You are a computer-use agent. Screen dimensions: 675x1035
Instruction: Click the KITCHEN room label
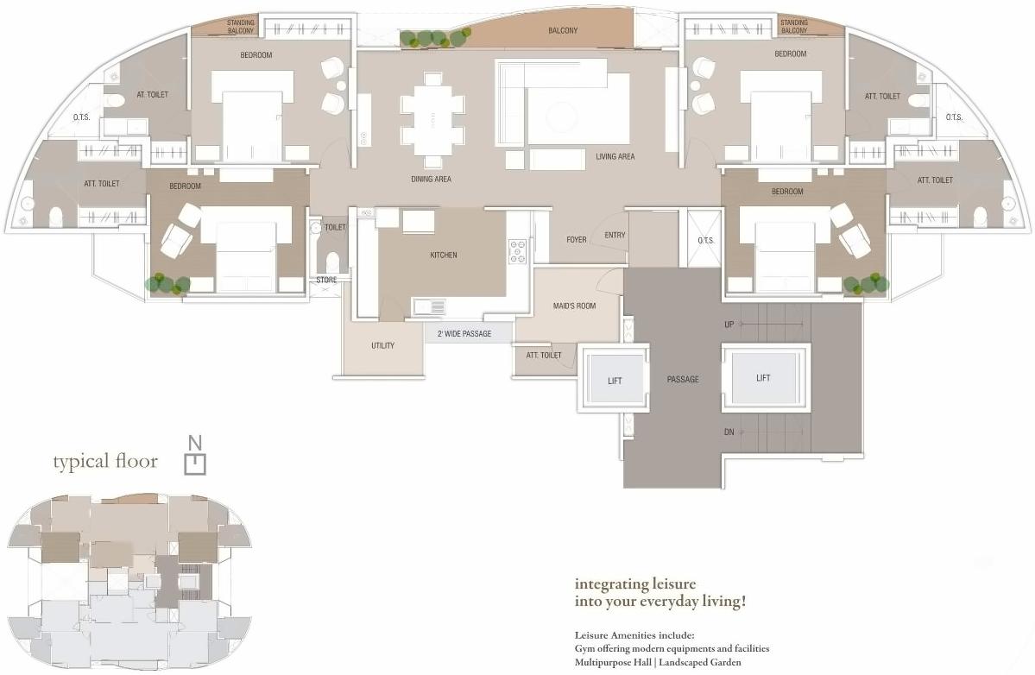[x=443, y=255]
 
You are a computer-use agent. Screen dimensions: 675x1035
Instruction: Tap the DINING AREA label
[x=431, y=180]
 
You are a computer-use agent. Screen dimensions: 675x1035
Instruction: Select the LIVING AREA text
[x=615, y=157]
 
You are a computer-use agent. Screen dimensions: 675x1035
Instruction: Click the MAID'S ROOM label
[x=574, y=306]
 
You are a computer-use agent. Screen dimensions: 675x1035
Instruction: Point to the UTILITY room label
[x=382, y=345]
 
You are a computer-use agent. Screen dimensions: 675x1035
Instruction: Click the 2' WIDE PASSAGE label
[x=464, y=333]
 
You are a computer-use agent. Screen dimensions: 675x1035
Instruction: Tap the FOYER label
[x=577, y=239]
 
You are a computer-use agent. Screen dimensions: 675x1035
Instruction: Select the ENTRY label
[x=615, y=236]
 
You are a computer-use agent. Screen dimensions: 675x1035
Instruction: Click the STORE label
[x=326, y=280]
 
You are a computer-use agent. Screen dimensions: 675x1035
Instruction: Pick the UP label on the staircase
[x=729, y=324]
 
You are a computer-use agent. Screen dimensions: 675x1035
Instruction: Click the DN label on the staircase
[x=729, y=432]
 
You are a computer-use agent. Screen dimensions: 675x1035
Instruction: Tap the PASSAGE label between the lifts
[x=682, y=380]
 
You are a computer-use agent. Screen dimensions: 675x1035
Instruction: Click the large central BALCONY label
[x=563, y=31]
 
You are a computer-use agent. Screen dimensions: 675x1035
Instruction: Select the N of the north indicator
[x=197, y=444]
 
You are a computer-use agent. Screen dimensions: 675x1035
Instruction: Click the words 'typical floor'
[x=105, y=462]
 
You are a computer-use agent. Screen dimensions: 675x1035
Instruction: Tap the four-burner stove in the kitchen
[x=518, y=252]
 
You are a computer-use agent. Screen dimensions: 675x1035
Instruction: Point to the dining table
[x=432, y=119]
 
